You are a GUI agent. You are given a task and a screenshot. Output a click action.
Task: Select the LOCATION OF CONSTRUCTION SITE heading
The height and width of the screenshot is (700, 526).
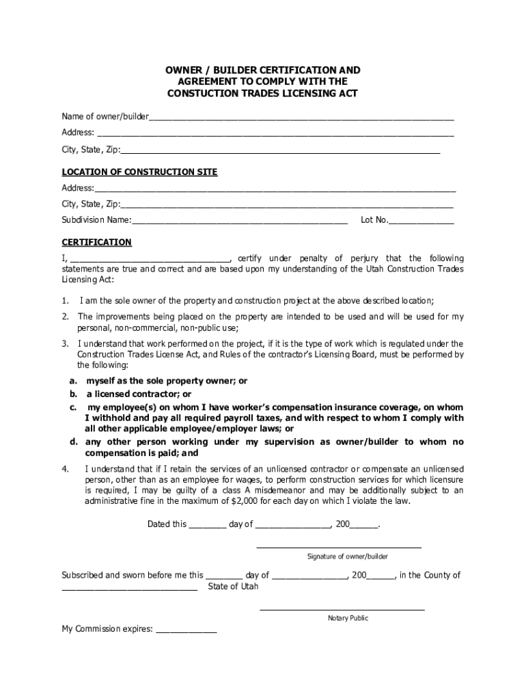tap(139, 172)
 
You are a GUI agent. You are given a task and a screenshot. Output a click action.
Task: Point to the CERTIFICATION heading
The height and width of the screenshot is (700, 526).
tap(96, 243)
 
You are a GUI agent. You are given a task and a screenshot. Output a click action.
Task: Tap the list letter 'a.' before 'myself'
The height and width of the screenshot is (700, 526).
tap(72, 381)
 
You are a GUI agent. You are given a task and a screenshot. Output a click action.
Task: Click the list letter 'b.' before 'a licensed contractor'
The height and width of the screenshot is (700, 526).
tap(72, 394)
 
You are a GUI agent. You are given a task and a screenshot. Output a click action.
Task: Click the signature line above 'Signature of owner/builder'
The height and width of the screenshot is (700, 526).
tap(339, 548)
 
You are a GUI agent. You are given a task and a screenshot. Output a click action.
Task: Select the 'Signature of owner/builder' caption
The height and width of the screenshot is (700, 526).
tap(347, 557)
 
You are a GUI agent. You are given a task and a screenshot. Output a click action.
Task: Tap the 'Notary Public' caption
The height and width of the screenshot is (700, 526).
tap(348, 619)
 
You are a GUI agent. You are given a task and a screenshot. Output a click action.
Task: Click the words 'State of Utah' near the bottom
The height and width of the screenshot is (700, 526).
tap(233, 587)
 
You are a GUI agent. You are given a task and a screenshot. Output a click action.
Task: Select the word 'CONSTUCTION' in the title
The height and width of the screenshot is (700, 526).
tap(203, 93)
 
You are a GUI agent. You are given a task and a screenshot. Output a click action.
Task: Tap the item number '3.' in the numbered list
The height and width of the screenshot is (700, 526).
tap(65, 344)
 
